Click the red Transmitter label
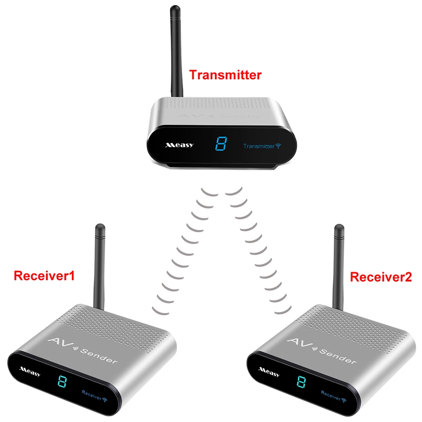coord(219,76)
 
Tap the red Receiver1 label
coord(44,276)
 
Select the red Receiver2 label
coord(381,277)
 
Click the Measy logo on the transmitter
coord(179,145)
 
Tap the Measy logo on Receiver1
coord(30,371)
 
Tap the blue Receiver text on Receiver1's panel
coord(92,397)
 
